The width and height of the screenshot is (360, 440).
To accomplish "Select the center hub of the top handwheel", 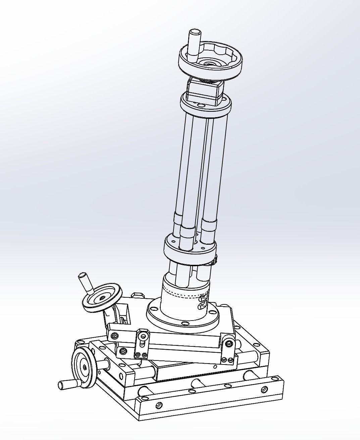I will point(209,63).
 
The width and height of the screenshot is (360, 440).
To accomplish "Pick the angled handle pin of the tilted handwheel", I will point(85,282).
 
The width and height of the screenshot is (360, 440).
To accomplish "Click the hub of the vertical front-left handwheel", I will point(85,368).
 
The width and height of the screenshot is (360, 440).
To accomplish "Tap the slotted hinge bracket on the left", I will point(142,344).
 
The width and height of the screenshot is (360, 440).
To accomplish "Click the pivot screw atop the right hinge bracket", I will point(229,343).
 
